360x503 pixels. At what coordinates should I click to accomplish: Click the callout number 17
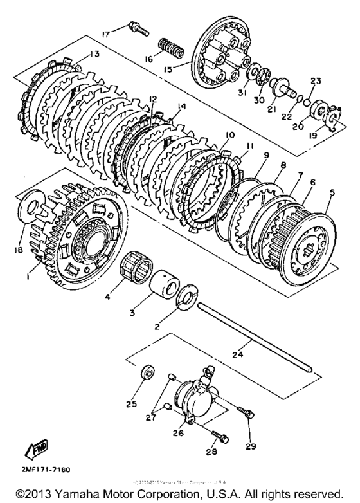[x=105, y=33]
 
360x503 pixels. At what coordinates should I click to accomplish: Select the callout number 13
[x=95, y=55]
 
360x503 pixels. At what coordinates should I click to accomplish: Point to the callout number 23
[x=315, y=81]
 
